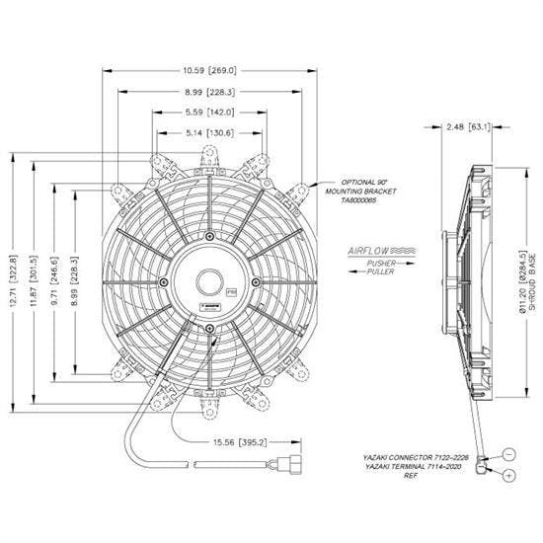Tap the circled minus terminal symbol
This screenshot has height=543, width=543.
pyautogui.click(x=507, y=454)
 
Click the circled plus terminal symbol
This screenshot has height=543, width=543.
pyautogui.click(x=507, y=476)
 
